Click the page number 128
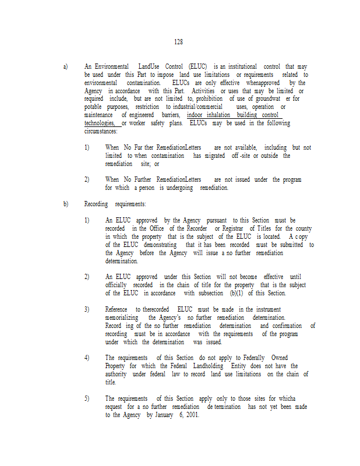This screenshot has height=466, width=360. (x=178, y=42)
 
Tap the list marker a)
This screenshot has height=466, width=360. (x=65, y=67)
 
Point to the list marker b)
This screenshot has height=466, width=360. (x=65, y=204)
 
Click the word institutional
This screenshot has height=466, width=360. (x=239, y=67)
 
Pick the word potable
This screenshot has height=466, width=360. (x=94, y=107)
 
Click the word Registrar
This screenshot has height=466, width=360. (x=235, y=229)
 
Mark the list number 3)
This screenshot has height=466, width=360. (x=87, y=309)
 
